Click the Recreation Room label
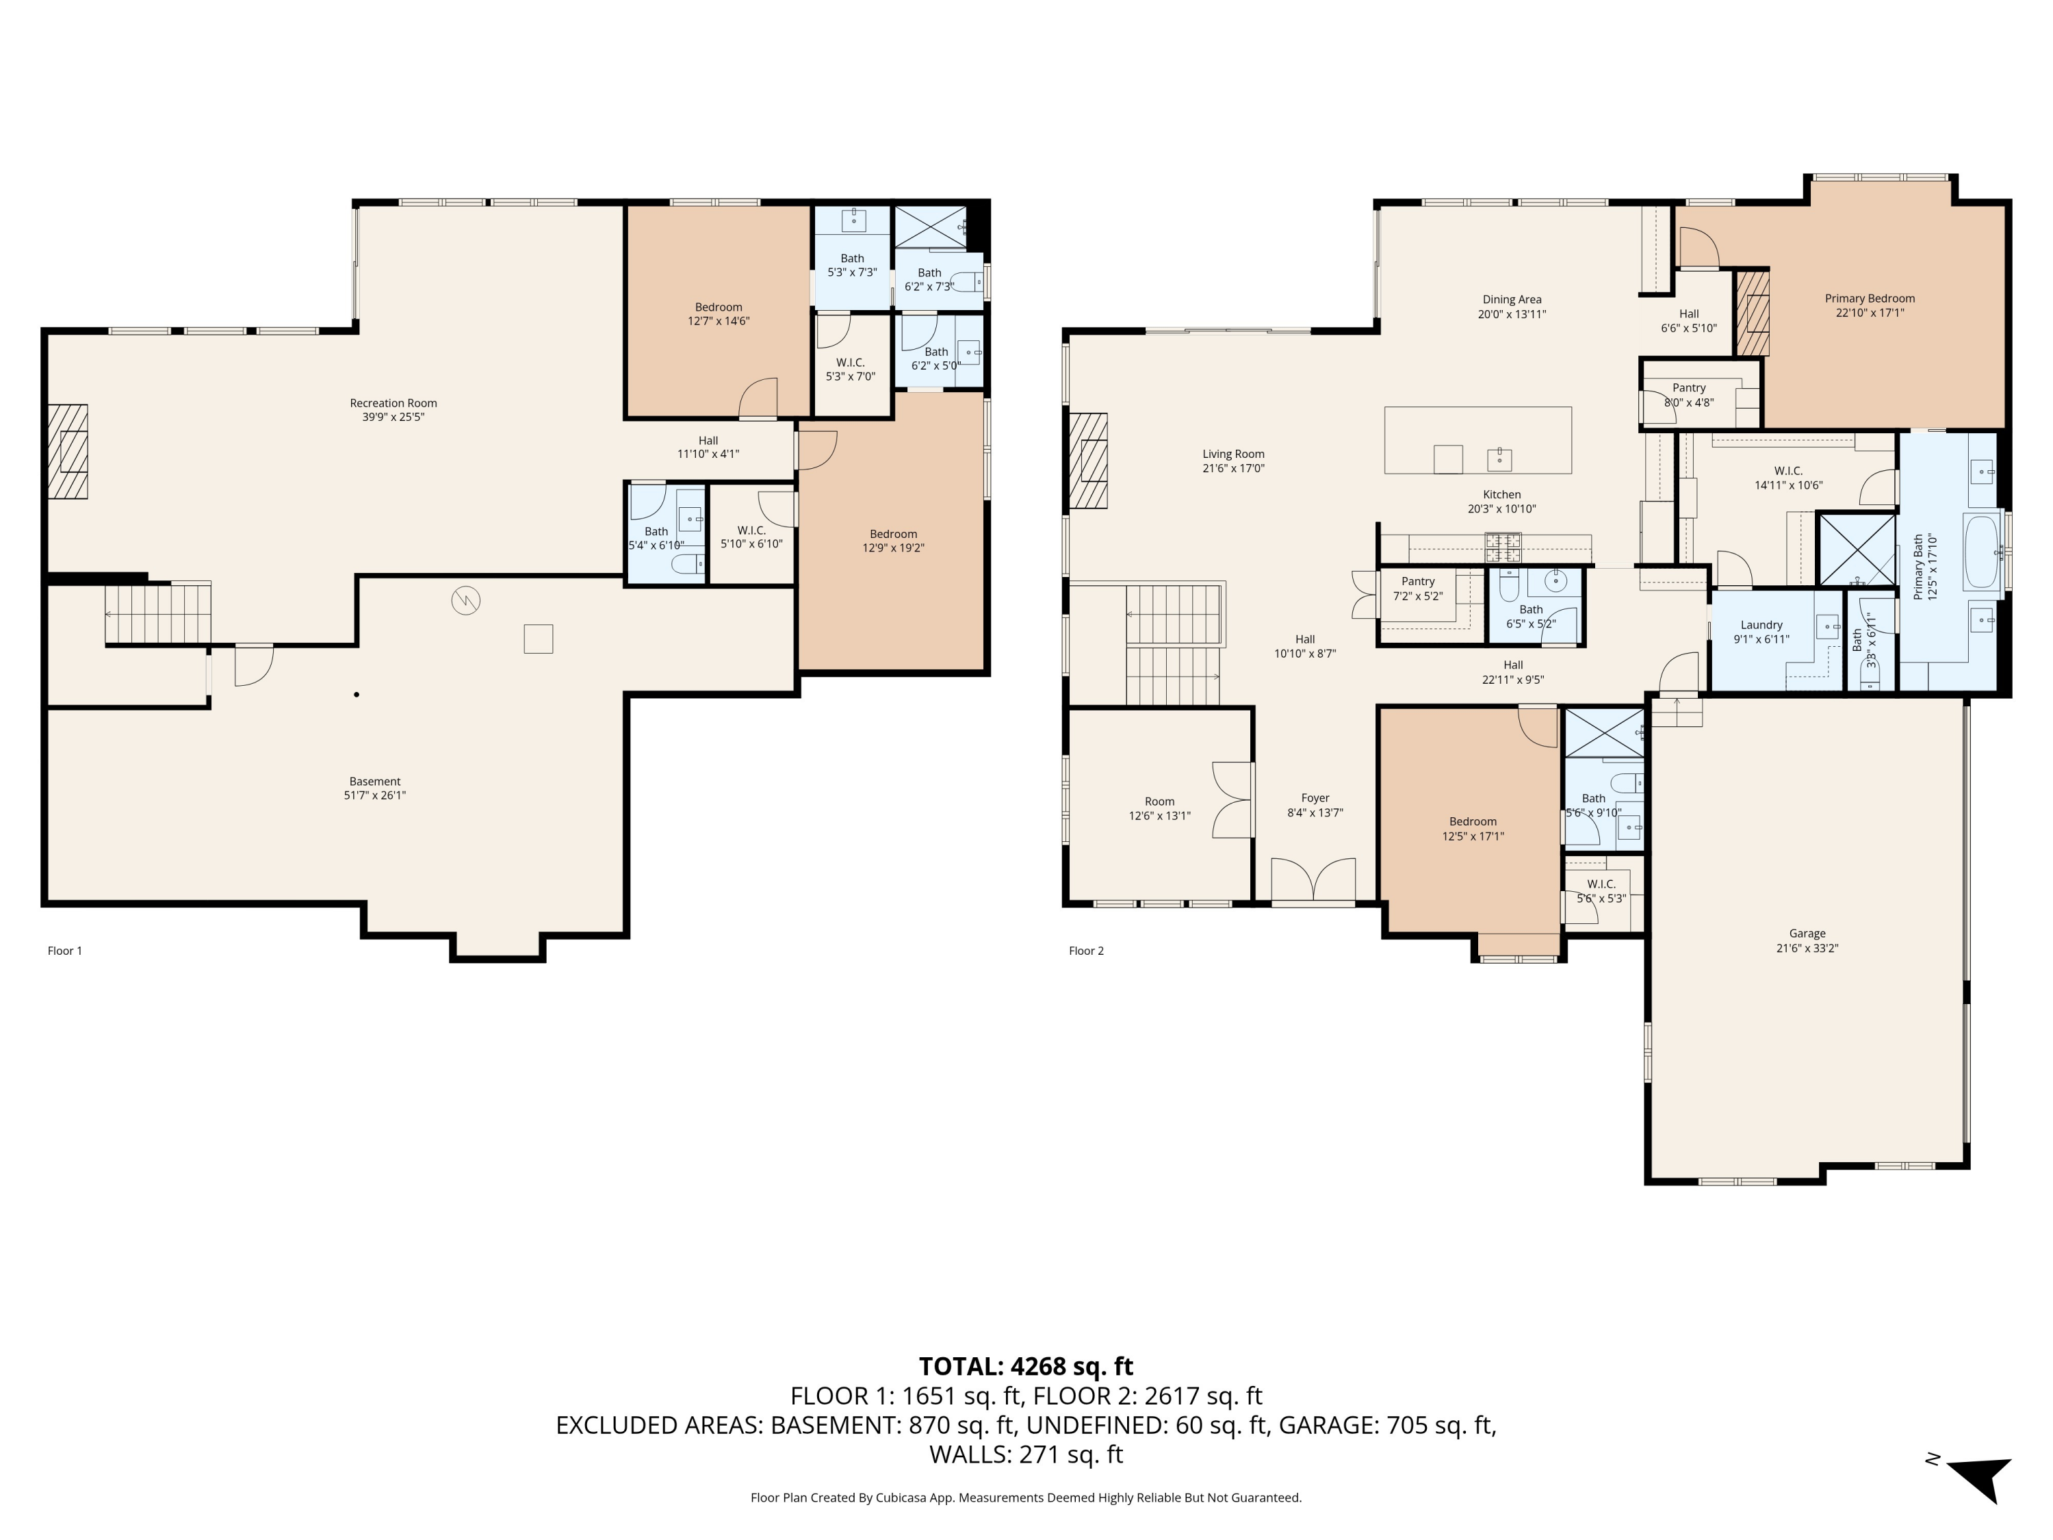(393, 403)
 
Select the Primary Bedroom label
(1869, 298)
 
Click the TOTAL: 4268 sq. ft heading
(1026, 1366)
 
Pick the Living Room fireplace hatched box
(1088, 461)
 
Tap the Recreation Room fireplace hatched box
(68, 451)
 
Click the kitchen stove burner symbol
(1503, 547)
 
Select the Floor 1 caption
(65, 951)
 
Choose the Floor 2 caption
(1086, 951)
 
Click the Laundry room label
(1761, 625)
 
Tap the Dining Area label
(1511, 299)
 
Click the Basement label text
(375, 782)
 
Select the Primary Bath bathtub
(1982, 552)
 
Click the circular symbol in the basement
(465, 600)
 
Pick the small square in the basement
(539, 639)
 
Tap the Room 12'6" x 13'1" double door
(1232, 800)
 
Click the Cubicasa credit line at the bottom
(1026, 1498)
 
